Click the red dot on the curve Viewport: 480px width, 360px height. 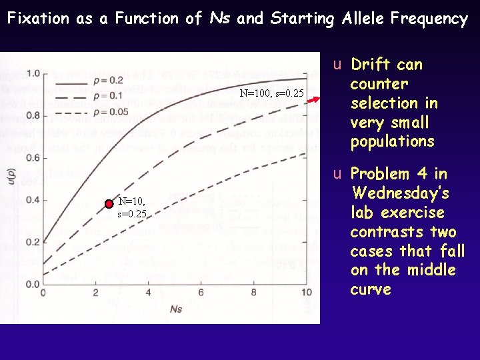109,205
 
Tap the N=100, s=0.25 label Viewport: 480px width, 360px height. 271,93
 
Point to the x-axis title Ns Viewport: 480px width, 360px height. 175,309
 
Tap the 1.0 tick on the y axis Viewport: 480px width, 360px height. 31,72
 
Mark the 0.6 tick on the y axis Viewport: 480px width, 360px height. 31,157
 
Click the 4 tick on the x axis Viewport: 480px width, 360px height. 148,293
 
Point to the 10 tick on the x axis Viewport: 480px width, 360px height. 306,293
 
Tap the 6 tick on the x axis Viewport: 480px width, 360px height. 201,293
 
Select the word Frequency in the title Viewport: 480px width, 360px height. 431,19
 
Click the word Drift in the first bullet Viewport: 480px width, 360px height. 372,65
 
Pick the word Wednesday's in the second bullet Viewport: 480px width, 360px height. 400,193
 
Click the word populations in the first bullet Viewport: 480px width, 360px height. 392,141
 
